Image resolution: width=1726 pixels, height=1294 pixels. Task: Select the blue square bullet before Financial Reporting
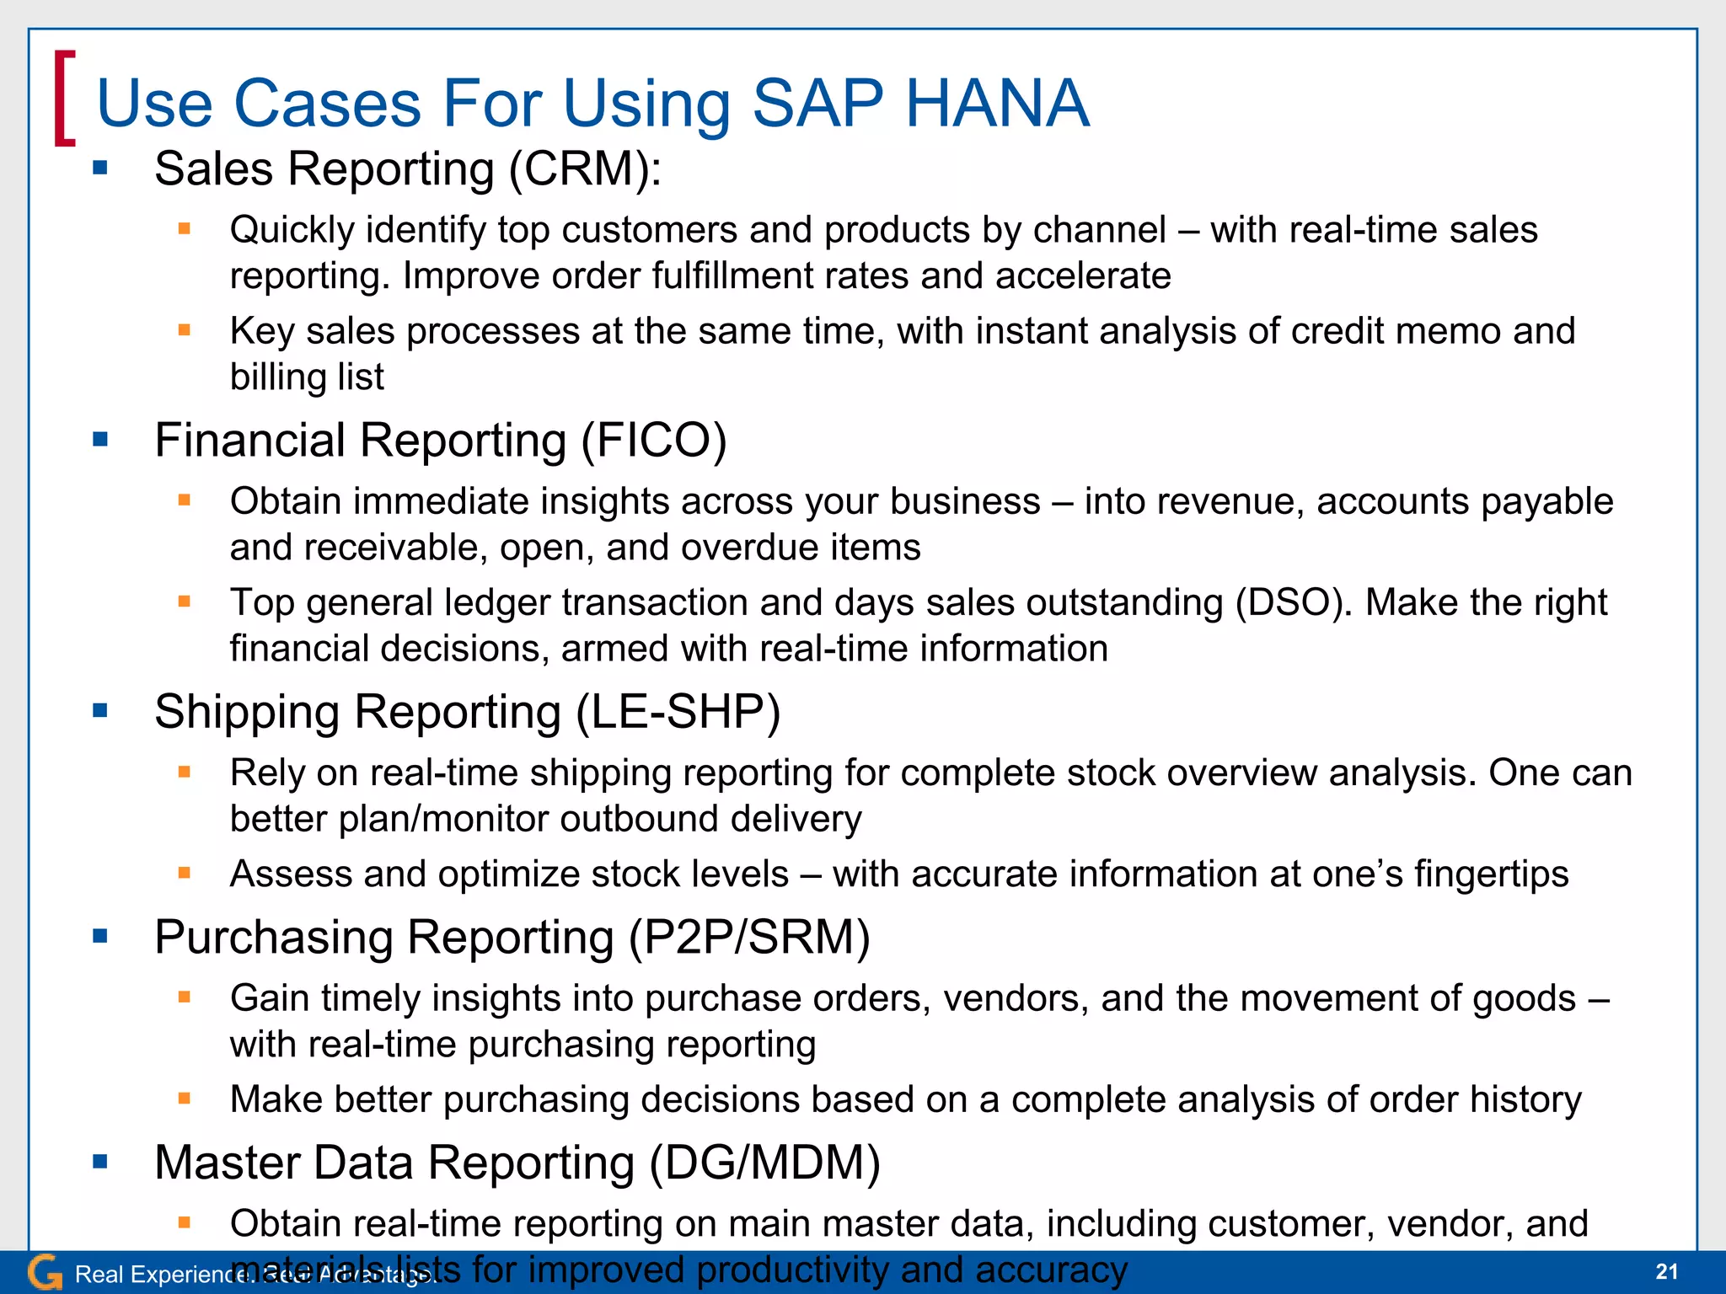point(100,439)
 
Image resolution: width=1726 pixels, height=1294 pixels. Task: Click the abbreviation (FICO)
point(653,440)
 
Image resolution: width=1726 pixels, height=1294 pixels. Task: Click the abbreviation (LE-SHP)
point(678,712)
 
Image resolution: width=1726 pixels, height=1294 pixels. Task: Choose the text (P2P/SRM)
point(749,937)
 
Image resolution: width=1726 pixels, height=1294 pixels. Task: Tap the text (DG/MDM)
point(764,1163)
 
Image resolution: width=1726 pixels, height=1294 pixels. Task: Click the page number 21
point(1666,1271)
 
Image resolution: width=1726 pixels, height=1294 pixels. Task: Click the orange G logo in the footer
point(44,1273)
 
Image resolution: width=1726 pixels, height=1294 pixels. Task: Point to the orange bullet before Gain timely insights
point(185,997)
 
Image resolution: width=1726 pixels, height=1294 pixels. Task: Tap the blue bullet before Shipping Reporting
point(100,710)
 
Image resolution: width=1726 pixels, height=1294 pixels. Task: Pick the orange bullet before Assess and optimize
point(185,873)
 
